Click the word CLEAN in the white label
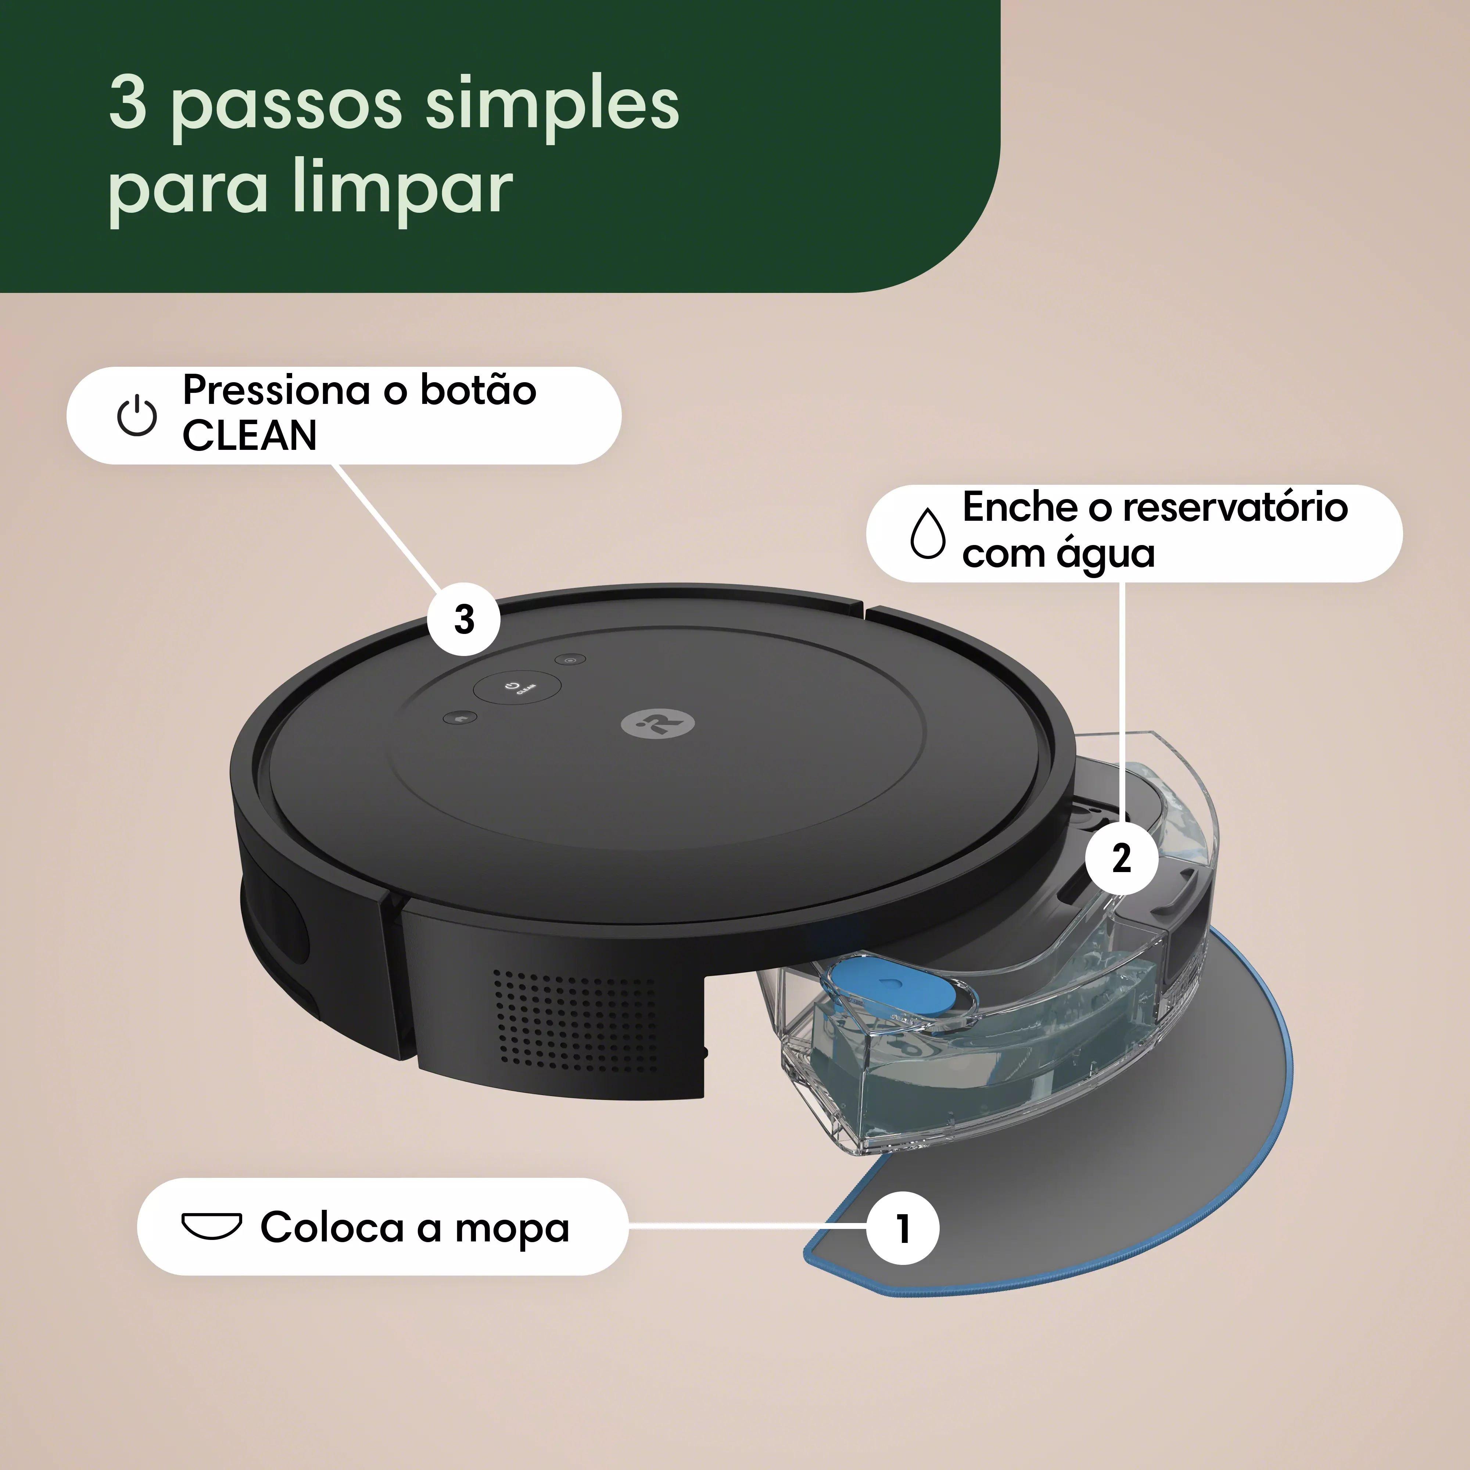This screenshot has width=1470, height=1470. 249,436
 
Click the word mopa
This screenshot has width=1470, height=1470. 512,1227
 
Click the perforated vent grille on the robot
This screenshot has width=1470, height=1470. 574,1019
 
